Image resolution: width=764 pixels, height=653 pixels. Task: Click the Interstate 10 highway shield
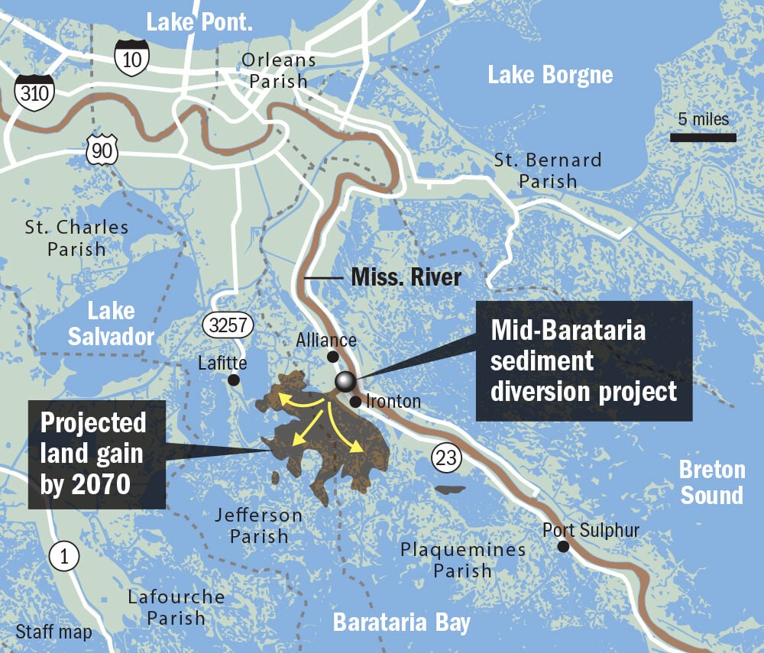click(x=132, y=58)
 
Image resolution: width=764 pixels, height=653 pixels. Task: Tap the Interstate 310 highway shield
click(x=34, y=94)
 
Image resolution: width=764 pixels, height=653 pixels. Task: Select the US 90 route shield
click(x=102, y=150)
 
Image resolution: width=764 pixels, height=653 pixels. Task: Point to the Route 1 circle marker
click(x=64, y=558)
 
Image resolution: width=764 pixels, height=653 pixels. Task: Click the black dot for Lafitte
click(x=233, y=380)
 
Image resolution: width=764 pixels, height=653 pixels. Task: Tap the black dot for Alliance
click(x=332, y=357)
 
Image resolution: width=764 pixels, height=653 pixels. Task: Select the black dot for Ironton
click(x=355, y=401)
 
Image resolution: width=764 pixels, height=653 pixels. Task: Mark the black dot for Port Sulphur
click(x=563, y=546)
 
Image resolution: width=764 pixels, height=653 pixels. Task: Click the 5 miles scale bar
click(x=703, y=137)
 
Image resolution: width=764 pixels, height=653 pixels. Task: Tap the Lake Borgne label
click(x=550, y=75)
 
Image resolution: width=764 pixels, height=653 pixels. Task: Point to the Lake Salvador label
click(x=112, y=324)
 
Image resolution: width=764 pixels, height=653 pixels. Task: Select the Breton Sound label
click(x=711, y=482)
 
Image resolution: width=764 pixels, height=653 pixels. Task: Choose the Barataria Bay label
click(x=402, y=622)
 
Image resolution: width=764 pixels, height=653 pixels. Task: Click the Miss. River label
click(x=406, y=276)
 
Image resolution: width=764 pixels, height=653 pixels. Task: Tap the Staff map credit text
click(x=53, y=632)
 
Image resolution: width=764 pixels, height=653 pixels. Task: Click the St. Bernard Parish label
click(x=547, y=170)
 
